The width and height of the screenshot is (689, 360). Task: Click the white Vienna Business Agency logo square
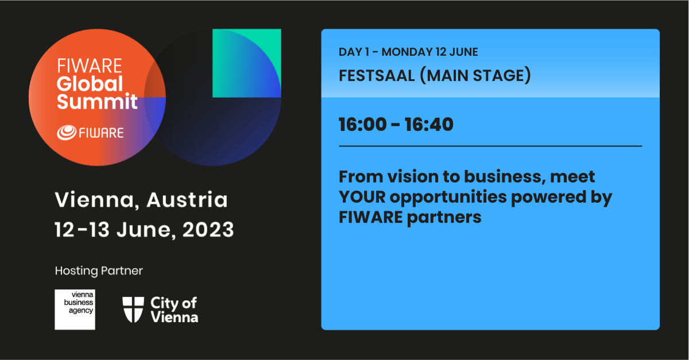tap(75, 309)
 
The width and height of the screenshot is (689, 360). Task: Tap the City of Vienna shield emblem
tap(133, 309)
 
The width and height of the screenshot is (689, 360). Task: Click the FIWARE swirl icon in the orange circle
tap(67, 133)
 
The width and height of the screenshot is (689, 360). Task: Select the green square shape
tap(247, 63)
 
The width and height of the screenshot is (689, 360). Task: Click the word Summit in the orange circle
tap(97, 101)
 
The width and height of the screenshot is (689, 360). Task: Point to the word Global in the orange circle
tap(90, 84)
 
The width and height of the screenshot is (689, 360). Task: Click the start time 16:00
tap(362, 125)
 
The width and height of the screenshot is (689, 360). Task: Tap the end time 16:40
tap(429, 125)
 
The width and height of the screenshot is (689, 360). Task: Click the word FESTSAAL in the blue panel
tap(377, 76)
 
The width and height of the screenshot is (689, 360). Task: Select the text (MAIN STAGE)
tap(475, 76)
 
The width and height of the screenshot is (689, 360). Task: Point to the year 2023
tap(208, 230)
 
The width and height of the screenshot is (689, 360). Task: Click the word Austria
tap(187, 200)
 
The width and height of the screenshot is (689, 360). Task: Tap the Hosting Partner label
tap(99, 271)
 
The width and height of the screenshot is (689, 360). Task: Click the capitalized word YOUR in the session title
tap(362, 197)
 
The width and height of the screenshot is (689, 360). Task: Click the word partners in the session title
tap(444, 218)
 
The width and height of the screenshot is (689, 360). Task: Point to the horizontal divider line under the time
tap(490, 146)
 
